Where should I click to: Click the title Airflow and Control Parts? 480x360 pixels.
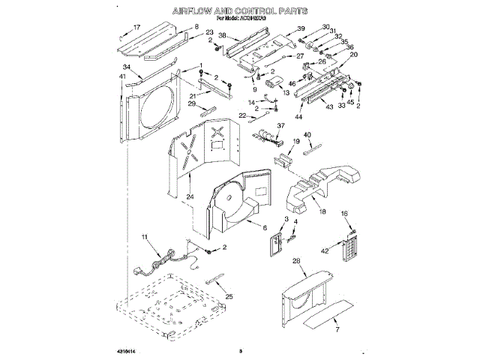pyautogui.click(x=240, y=12)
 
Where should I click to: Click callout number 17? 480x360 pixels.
pyautogui.click(x=136, y=27)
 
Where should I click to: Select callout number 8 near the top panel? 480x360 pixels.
pyautogui.click(x=196, y=27)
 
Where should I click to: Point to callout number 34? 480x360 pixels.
pyautogui.click(x=127, y=67)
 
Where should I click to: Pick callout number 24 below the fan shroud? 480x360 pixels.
pyautogui.click(x=190, y=196)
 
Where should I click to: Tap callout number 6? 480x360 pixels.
pyautogui.click(x=265, y=227)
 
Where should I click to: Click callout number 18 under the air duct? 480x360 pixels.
pyautogui.click(x=322, y=212)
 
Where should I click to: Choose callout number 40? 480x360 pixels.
pyautogui.click(x=307, y=135)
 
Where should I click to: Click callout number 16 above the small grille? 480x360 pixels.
pyautogui.click(x=344, y=214)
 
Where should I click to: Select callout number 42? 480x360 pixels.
pyautogui.click(x=325, y=250)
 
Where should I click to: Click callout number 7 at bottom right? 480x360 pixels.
pyautogui.click(x=337, y=329)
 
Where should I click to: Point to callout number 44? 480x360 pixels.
pyautogui.click(x=298, y=116)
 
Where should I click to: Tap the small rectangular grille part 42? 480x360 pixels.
pyautogui.click(x=346, y=250)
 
